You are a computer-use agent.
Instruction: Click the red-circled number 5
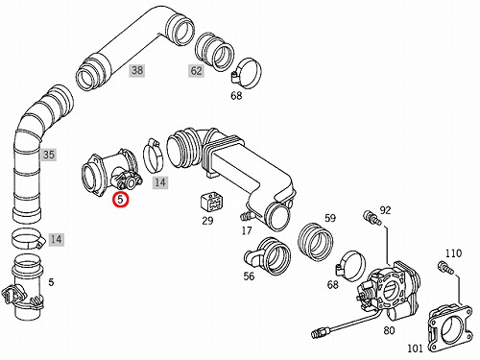coord(120,199)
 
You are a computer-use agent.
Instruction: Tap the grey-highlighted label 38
coord(137,70)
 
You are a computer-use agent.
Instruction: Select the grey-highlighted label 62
coord(196,71)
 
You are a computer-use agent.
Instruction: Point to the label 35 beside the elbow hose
coord(48,155)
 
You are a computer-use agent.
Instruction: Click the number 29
coord(207,221)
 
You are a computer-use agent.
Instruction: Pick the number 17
coord(247,230)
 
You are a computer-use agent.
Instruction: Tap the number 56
coord(249,276)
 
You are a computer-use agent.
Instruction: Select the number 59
coord(330,218)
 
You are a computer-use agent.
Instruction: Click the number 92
coord(385,210)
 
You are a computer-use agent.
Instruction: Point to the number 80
coord(389,330)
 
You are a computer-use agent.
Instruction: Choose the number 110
coord(454,253)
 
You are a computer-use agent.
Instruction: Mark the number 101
coord(415,348)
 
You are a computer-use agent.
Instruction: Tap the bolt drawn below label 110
coord(445,268)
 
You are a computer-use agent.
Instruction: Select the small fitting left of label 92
coord(372,218)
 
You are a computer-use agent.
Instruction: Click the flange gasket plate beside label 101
coord(450,329)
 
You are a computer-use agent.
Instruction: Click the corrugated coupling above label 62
coord(214,52)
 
